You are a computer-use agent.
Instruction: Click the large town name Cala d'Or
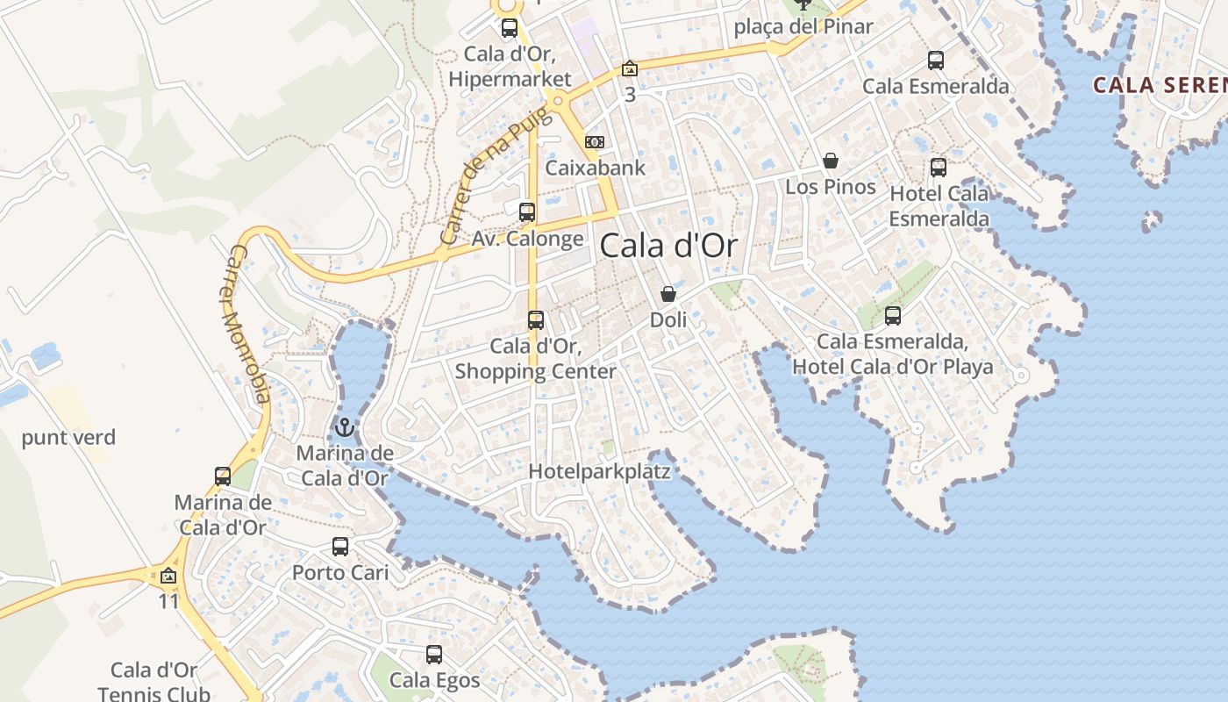(x=668, y=247)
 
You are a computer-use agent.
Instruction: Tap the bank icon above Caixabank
(x=595, y=142)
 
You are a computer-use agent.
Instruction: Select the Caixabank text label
(x=595, y=168)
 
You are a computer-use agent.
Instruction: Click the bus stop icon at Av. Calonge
(x=527, y=212)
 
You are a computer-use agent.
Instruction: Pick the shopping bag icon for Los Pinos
(x=830, y=161)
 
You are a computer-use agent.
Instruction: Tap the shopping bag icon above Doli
(x=668, y=294)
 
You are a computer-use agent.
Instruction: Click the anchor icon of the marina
(x=345, y=428)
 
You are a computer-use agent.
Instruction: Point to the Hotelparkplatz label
(x=599, y=472)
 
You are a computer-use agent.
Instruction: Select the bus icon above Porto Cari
(x=340, y=547)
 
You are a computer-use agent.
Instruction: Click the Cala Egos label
(x=434, y=680)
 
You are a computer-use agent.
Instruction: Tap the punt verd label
(x=68, y=437)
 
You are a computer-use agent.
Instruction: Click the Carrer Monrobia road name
(x=247, y=323)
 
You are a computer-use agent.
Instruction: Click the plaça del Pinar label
(x=803, y=26)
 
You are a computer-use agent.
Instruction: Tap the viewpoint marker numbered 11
(x=168, y=577)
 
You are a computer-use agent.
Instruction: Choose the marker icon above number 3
(x=629, y=68)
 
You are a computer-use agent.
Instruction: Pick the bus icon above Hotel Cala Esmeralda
(x=939, y=168)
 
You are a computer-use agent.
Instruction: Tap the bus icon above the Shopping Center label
(x=536, y=320)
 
